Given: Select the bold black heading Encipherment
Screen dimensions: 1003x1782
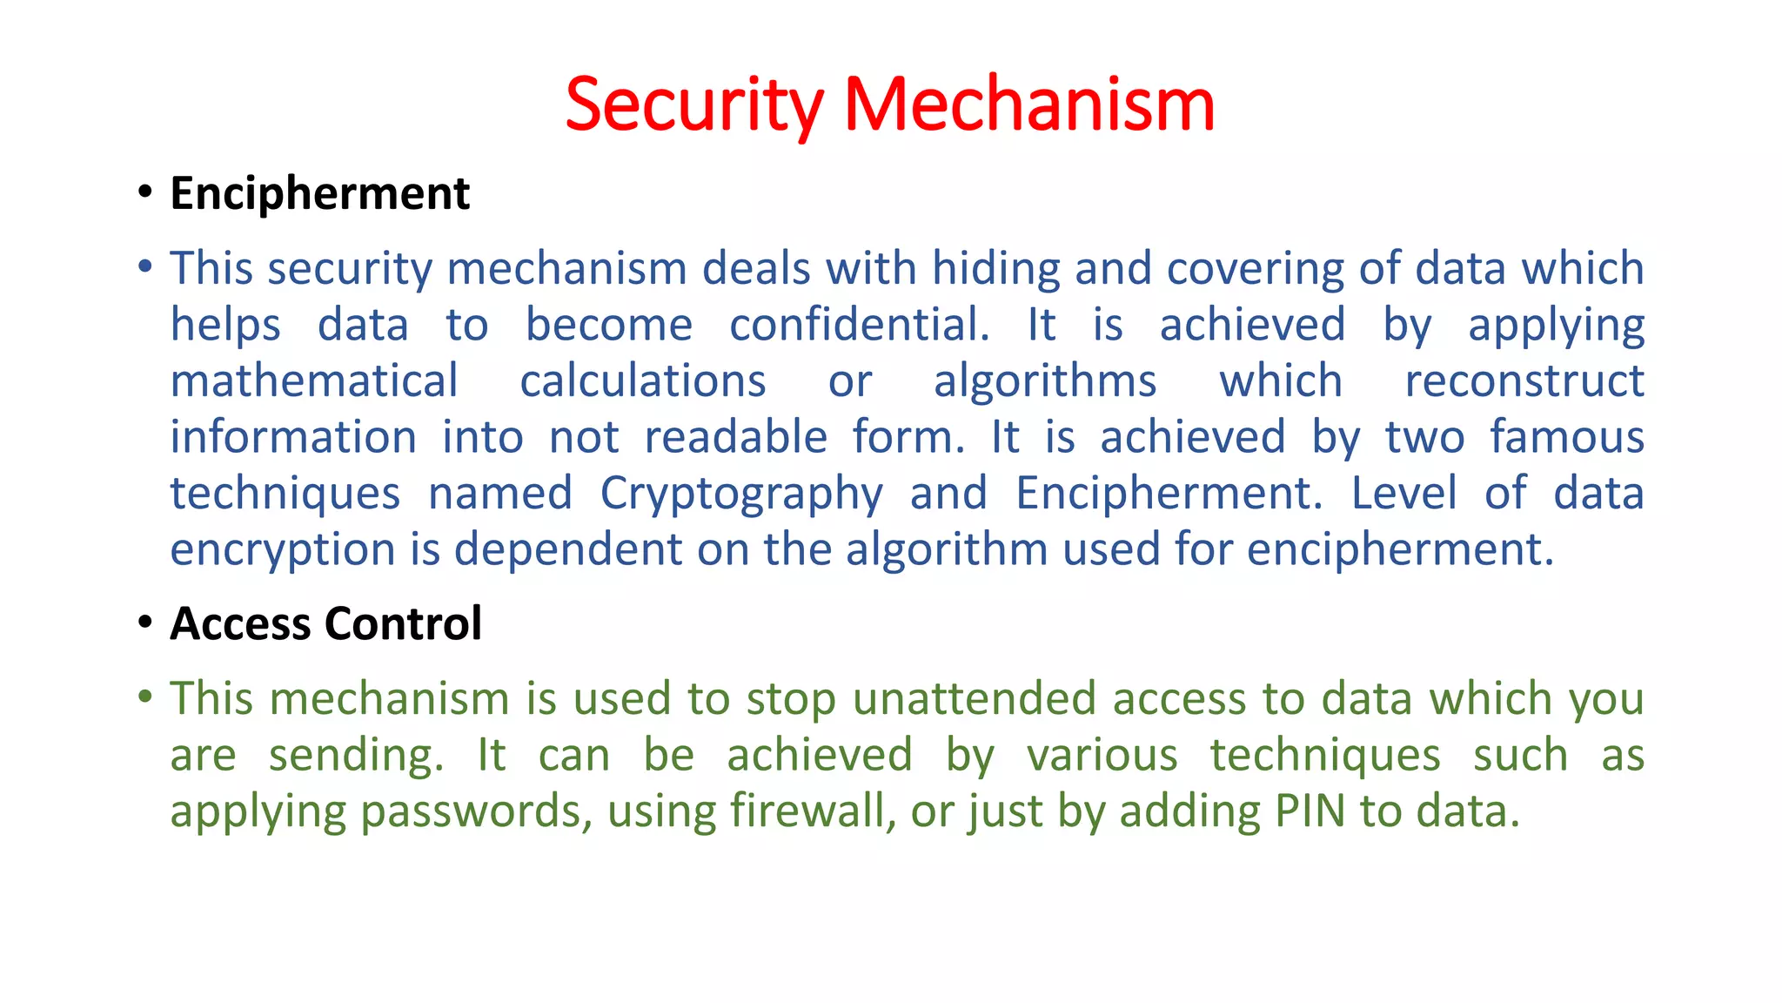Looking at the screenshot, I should click(x=319, y=193).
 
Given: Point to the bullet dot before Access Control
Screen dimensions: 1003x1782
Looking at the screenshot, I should click(x=145, y=623).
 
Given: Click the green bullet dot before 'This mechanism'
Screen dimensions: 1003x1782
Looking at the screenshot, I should click(x=145, y=697).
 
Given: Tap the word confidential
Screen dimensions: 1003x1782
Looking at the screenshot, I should click(x=859, y=325).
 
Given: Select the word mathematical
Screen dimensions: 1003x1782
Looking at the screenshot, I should click(x=314, y=381).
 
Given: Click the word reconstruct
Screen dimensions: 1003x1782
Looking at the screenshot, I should click(x=1524, y=381).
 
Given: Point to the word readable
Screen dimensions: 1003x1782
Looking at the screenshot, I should click(x=735, y=437).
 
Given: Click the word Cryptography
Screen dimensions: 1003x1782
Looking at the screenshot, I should click(x=741, y=494).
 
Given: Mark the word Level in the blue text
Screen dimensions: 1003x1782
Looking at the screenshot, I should click(x=1403, y=494).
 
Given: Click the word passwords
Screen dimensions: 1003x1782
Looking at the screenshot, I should click(x=476, y=811).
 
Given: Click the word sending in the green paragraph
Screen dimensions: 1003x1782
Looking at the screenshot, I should click(x=355, y=755).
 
